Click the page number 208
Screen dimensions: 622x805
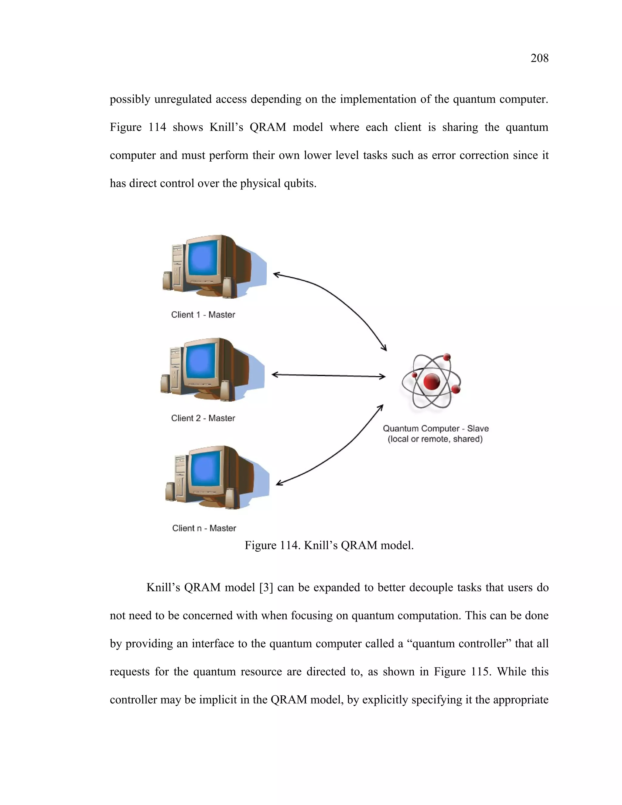tap(539, 58)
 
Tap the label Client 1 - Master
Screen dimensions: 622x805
tap(203, 315)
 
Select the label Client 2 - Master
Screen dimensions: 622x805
tap(203, 418)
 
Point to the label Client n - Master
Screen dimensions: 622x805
tap(204, 528)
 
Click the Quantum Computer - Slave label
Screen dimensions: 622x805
tap(436, 428)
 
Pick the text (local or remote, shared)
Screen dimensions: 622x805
tap(435, 439)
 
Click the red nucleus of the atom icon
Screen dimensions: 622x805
tap(432, 381)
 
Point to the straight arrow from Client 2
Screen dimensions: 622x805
tap(328, 375)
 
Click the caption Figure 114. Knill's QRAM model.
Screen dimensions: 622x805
tap(329, 545)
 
